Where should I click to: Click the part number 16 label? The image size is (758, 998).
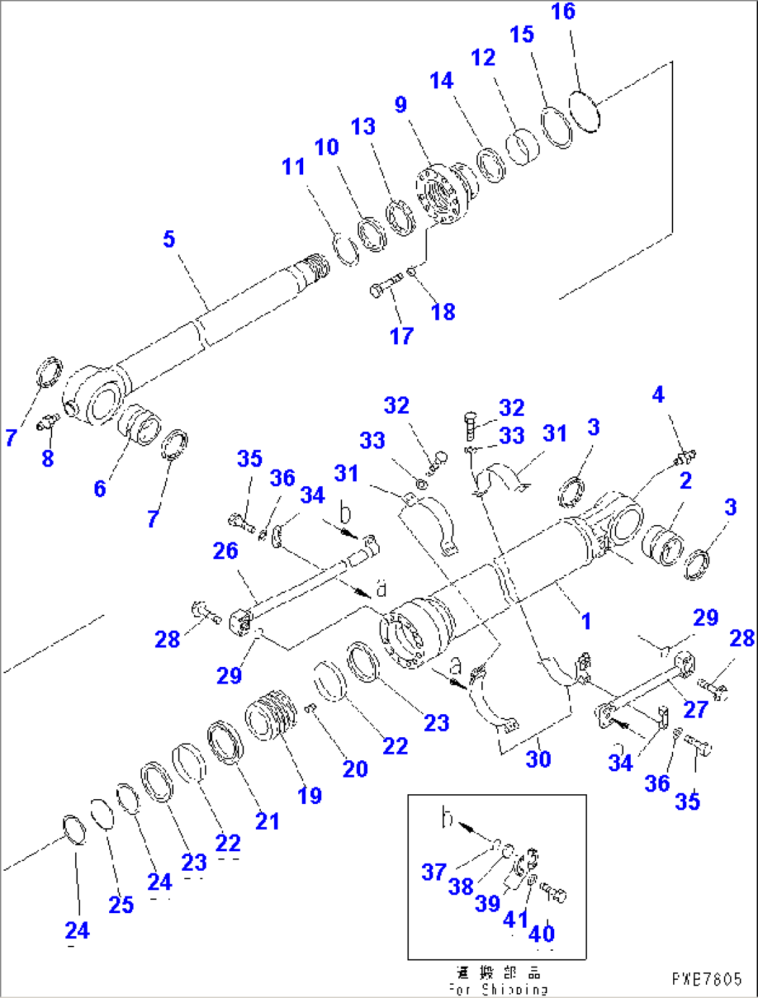[563, 12]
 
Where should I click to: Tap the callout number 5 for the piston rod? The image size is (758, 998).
[169, 239]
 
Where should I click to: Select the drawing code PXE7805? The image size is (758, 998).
[707, 979]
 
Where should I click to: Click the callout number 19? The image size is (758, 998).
[309, 796]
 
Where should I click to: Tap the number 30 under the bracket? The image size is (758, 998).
[538, 759]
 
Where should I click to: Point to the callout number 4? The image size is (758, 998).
[658, 395]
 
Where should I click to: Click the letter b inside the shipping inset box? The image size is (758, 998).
[447, 819]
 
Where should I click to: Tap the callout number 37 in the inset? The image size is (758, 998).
[433, 871]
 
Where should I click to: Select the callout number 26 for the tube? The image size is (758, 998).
[225, 551]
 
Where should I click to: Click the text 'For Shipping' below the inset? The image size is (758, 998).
[498, 989]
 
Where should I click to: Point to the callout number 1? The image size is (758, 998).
[586, 620]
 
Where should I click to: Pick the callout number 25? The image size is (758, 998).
[121, 905]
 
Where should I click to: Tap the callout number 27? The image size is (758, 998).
[695, 709]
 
